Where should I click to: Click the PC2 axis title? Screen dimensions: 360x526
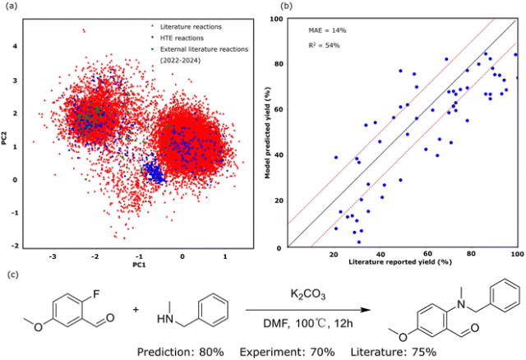pyautogui.click(x=7, y=132)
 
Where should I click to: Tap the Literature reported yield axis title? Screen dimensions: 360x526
pyautogui.click(x=401, y=261)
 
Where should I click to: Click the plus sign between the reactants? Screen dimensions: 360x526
pyautogui.click(x=136, y=312)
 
